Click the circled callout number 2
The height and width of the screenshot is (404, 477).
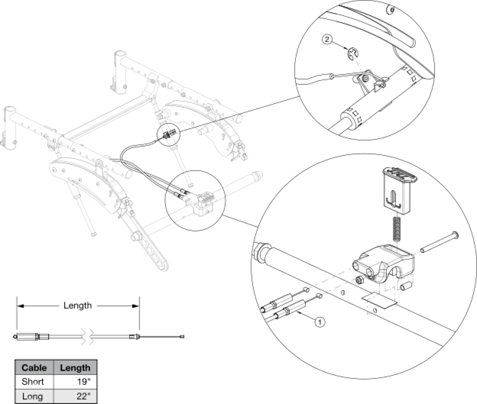pyautogui.click(x=327, y=40)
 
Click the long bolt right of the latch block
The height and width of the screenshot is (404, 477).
pyautogui.click(x=439, y=242)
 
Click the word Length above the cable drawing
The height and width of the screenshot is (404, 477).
pyautogui.click(x=78, y=305)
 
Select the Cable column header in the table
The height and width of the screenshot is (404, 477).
pyautogui.click(x=34, y=367)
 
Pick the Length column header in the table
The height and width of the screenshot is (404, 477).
pyautogui.click(x=75, y=367)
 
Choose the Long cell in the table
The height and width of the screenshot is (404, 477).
pyautogui.click(x=32, y=396)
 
